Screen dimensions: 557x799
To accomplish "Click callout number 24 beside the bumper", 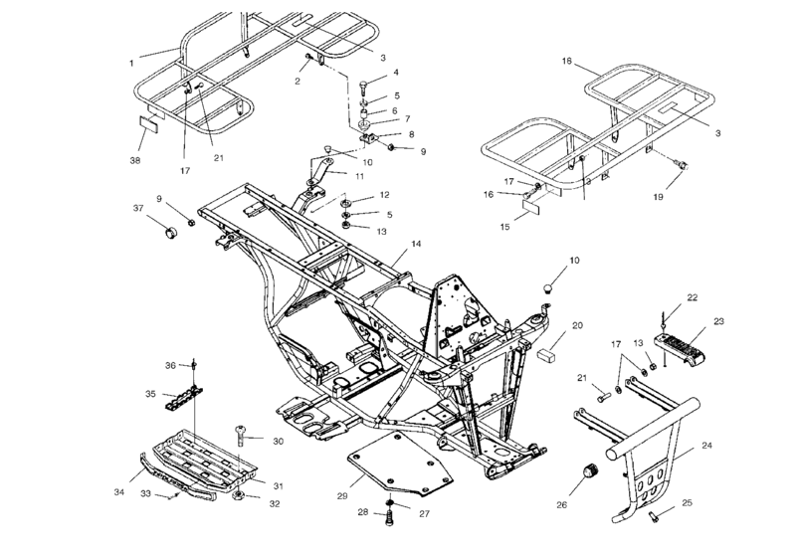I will point(706,446).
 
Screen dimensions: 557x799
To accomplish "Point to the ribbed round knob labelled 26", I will point(588,471).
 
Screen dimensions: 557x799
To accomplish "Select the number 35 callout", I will point(150,394).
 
